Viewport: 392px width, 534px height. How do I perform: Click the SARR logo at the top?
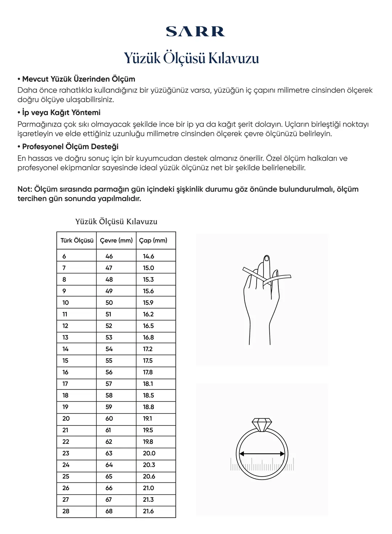pyautogui.click(x=195, y=32)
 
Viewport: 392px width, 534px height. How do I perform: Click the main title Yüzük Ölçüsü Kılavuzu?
pyautogui.click(x=191, y=58)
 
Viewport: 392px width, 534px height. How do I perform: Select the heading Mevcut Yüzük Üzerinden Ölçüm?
pyautogui.click(x=78, y=79)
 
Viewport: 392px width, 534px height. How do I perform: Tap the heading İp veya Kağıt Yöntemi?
pyautogui.click(x=61, y=113)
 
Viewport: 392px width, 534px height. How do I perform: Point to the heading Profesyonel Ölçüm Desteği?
pyautogui.click(x=70, y=147)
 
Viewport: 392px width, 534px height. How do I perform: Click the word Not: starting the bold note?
pyautogui.click(x=25, y=189)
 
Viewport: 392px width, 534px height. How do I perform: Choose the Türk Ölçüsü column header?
pyautogui.click(x=77, y=240)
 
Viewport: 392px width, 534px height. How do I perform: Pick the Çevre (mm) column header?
pyautogui.click(x=116, y=240)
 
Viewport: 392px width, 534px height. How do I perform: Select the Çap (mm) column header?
pyautogui.click(x=153, y=240)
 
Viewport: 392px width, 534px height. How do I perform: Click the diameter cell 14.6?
pyautogui.click(x=148, y=256)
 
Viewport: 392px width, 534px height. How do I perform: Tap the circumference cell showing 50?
pyautogui.click(x=109, y=303)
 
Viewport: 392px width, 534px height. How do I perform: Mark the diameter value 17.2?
pyautogui.click(x=148, y=349)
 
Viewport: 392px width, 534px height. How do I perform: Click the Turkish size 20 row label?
pyautogui.click(x=66, y=419)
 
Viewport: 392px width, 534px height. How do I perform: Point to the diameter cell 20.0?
pyautogui.click(x=149, y=453)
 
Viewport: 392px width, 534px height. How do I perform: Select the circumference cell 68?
pyautogui.click(x=109, y=511)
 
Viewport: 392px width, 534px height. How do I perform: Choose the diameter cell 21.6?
pyautogui.click(x=148, y=511)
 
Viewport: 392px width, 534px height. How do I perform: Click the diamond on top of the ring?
pyautogui.click(x=262, y=424)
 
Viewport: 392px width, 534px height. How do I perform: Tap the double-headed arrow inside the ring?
pyautogui.click(x=262, y=453)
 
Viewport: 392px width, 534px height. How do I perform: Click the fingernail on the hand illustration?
pyautogui.click(x=266, y=258)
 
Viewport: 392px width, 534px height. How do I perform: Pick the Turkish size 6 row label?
pyautogui.click(x=64, y=256)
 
